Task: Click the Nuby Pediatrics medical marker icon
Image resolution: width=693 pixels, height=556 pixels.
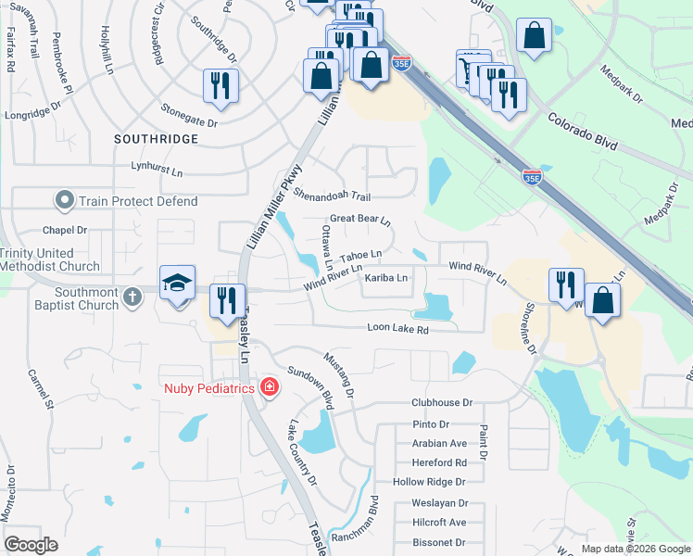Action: tap(269, 387)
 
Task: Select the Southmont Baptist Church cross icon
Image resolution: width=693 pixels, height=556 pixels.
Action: tap(132, 297)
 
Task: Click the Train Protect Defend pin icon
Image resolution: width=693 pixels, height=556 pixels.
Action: tap(65, 200)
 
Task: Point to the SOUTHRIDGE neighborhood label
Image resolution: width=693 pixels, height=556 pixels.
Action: tap(156, 138)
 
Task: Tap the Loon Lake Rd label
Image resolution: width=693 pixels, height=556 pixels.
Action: tap(397, 329)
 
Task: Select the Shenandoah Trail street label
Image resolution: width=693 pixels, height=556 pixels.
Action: tap(332, 196)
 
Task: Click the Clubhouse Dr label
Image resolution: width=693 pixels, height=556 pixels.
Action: tap(442, 403)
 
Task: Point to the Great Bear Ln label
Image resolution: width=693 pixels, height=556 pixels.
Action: tap(360, 220)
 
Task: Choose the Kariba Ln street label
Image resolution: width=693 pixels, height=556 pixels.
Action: tap(385, 278)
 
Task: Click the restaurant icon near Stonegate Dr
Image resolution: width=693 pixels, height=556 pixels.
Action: tap(220, 86)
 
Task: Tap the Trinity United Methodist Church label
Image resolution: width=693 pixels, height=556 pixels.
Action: tap(50, 260)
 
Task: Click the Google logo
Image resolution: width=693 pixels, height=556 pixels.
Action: tap(31, 545)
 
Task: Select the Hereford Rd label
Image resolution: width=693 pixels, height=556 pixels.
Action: tap(439, 462)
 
